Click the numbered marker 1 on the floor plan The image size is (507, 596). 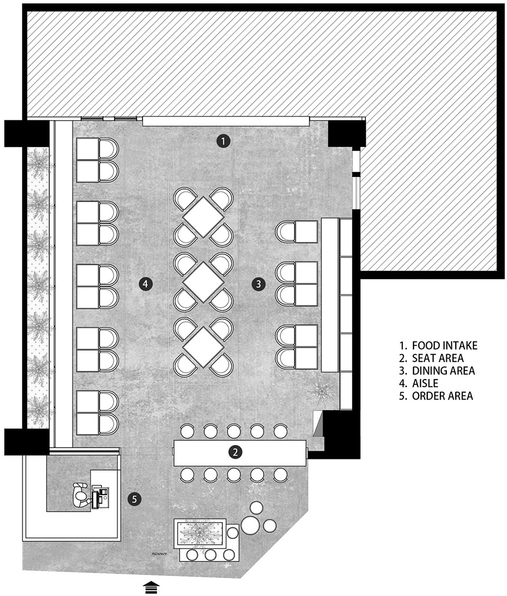pos(223,141)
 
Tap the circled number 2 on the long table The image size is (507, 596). pos(236,452)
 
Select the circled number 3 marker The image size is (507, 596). pos(259,283)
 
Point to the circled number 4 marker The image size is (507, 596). pos(146,283)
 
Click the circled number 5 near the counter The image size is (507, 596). pos(135,499)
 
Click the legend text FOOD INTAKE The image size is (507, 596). pos(445,346)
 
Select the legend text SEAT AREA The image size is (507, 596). pos(438,358)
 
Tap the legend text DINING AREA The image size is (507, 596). pos(444,371)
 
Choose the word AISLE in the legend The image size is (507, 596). pos(425,383)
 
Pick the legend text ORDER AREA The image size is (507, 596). pos(443,396)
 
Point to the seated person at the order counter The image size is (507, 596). pos(81,495)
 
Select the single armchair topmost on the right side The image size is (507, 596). pos(297,232)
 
